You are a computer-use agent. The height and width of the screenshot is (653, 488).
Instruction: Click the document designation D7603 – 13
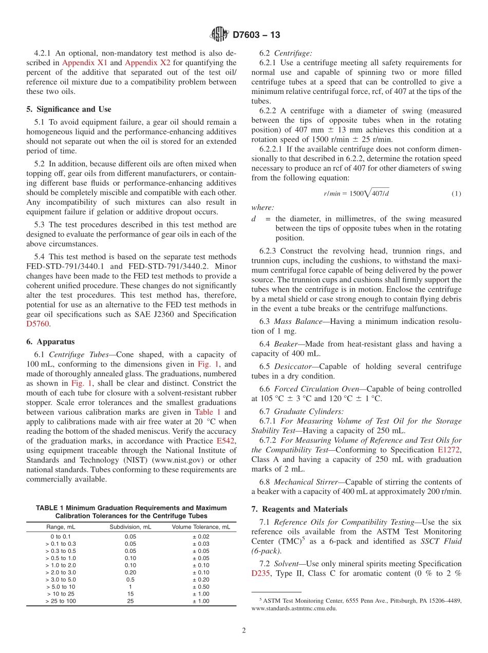256,35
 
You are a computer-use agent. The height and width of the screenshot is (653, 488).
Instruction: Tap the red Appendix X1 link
85,63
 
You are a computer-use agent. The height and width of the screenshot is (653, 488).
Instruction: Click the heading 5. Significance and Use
69,109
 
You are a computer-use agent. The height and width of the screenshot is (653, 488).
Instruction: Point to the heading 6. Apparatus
50,341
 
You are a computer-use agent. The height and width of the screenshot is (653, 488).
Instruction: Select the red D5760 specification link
38,324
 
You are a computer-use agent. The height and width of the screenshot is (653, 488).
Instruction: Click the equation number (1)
456,194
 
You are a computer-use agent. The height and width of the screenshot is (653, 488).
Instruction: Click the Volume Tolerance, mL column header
201,527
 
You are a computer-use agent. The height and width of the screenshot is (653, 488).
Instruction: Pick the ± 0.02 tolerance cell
201,536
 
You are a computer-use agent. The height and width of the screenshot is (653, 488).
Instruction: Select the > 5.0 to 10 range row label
60,587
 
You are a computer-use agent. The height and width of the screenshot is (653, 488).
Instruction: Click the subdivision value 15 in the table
130,594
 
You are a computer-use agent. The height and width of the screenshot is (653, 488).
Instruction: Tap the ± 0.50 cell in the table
201,587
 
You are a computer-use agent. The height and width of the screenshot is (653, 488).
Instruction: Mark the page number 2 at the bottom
244,631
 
